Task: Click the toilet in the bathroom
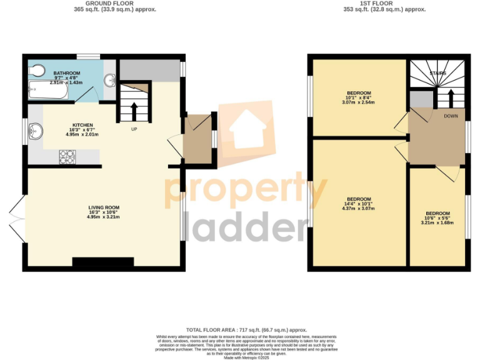(x=36, y=68)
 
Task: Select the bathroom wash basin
(x=111, y=80)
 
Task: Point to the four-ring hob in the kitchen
(x=67, y=156)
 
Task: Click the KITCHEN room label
(x=83, y=125)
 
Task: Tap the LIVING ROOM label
(x=104, y=207)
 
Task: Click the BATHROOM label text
(x=66, y=74)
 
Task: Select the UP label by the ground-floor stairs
(x=134, y=129)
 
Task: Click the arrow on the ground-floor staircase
(x=134, y=109)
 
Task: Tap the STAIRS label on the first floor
(x=438, y=73)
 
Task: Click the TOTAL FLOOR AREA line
(x=246, y=329)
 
